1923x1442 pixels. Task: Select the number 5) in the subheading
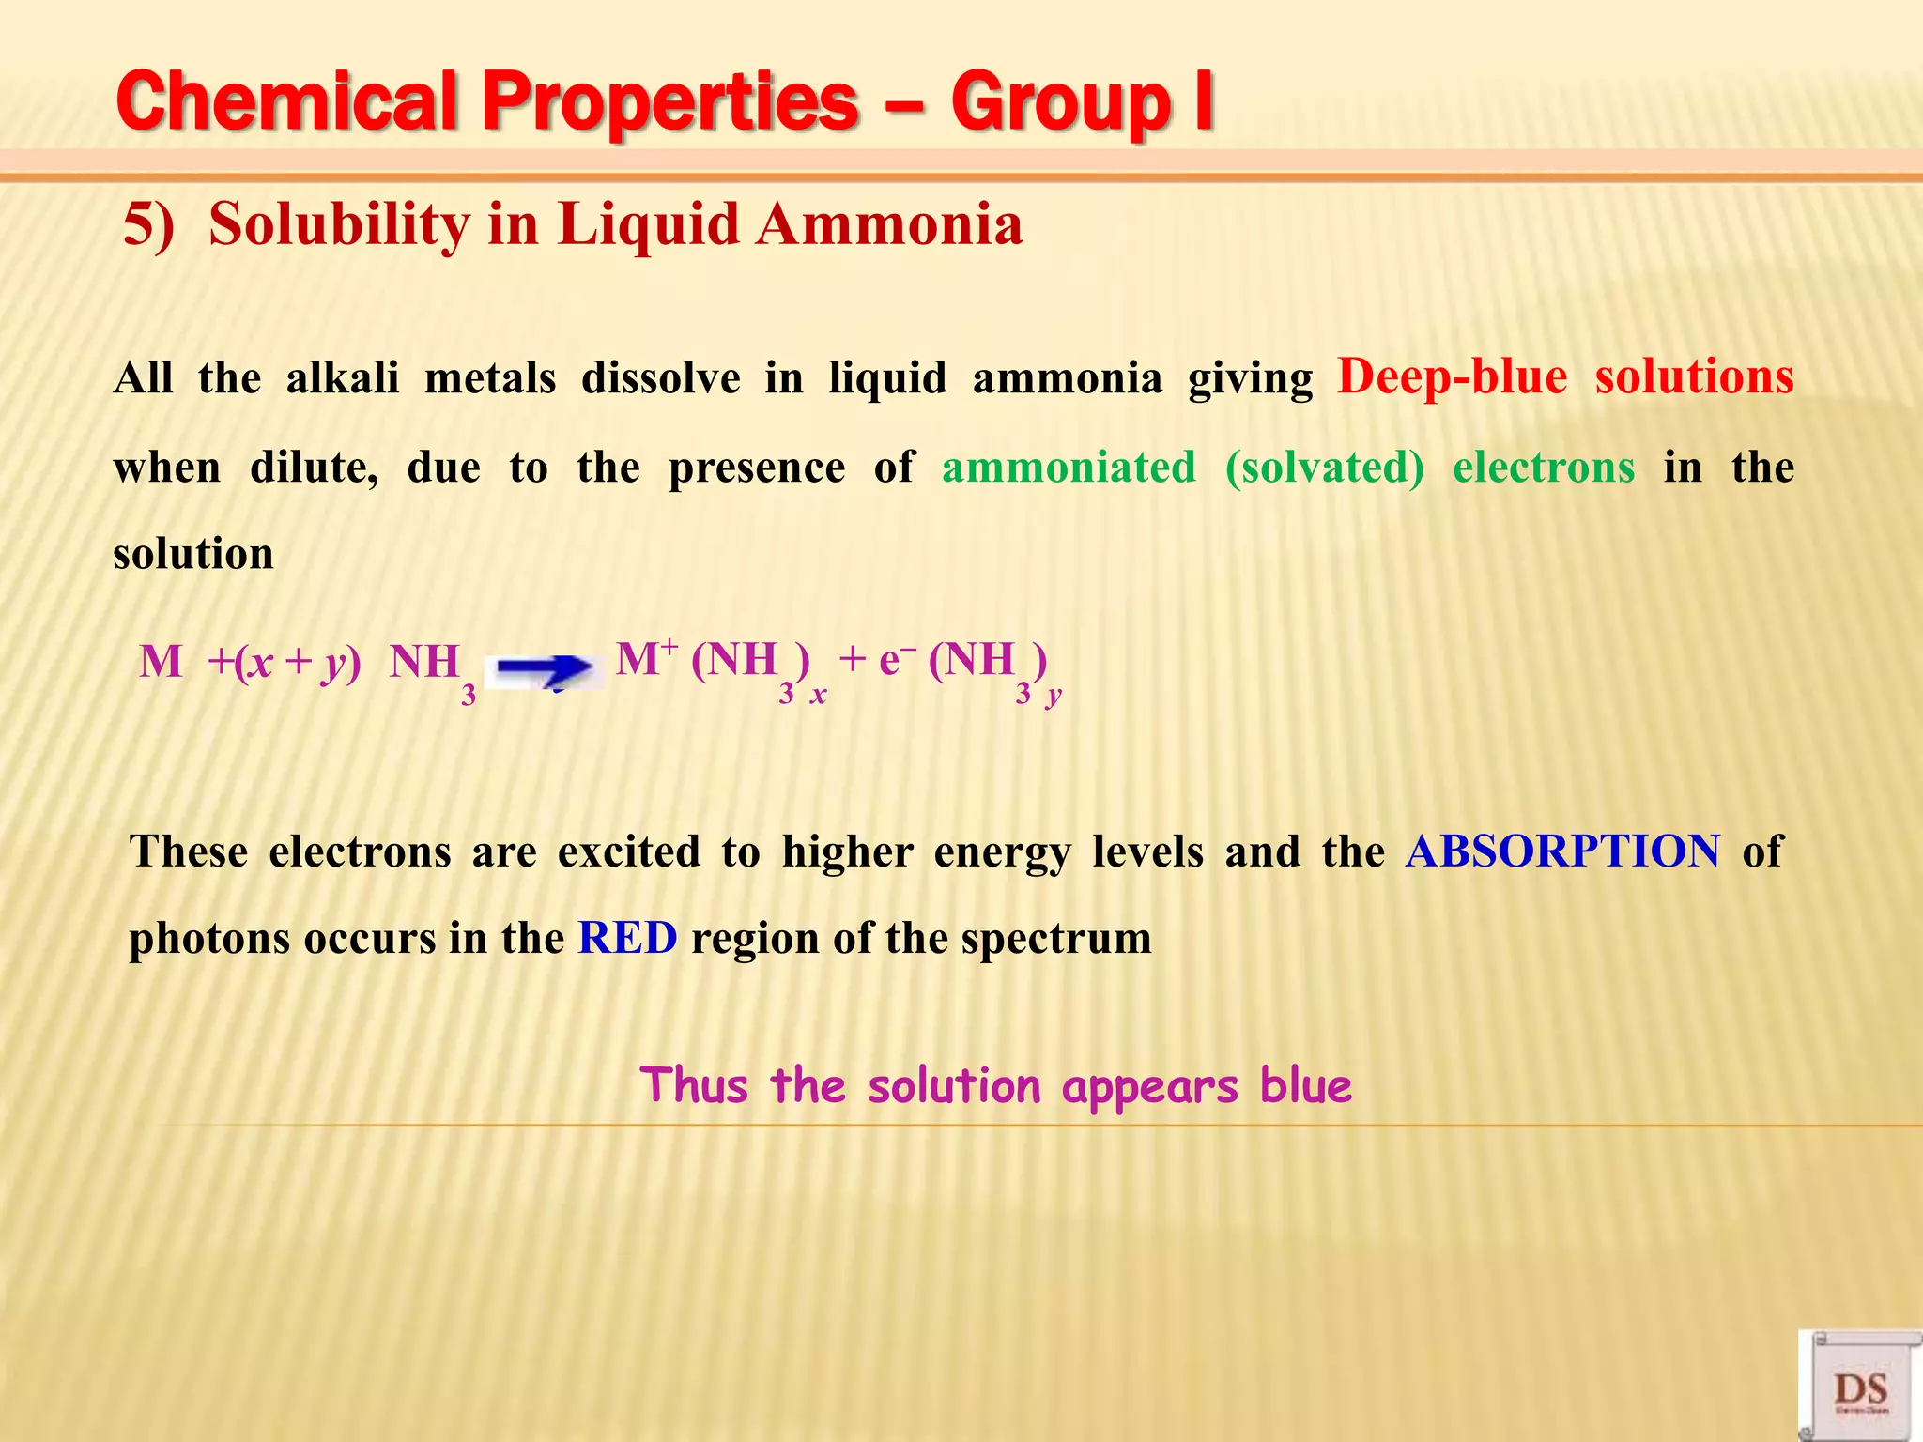tap(149, 225)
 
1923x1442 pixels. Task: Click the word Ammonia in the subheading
tap(889, 225)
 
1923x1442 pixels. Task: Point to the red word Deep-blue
tap(1452, 377)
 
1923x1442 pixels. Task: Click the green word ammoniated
tap(1069, 467)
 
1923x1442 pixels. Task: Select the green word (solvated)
tap(1324, 467)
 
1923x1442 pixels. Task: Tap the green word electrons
tap(1543, 467)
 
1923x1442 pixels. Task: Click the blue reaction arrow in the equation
tap(545, 669)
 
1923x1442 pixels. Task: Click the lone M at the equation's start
tap(161, 662)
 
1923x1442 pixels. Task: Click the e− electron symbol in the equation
tap(897, 660)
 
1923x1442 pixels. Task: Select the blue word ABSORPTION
tap(1562, 851)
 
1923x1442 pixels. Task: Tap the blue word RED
tap(627, 938)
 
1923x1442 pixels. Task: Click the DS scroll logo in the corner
tap(1860, 1386)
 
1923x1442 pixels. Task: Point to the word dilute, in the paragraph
tap(314, 467)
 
